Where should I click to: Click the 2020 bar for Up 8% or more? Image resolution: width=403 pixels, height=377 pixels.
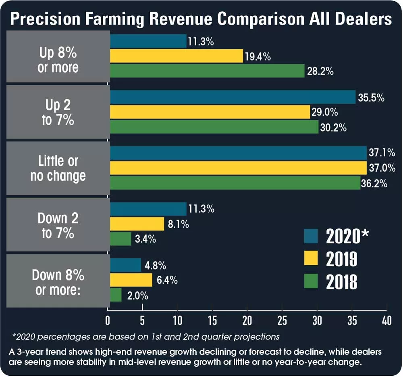(x=148, y=41)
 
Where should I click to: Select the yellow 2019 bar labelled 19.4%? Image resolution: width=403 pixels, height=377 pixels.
(x=176, y=56)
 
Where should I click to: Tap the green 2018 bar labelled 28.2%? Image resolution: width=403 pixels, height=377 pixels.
(x=207, y=71)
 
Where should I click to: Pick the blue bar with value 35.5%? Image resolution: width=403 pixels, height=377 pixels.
(x=233, y=97)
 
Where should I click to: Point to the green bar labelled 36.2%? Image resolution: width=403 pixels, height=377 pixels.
(x=235, y=183)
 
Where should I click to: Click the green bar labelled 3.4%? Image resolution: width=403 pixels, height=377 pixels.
(x=120, y=239)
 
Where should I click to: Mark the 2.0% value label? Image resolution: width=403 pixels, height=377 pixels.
(x=137, y=295)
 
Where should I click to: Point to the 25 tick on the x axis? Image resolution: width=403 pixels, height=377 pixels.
(x=282, y=320)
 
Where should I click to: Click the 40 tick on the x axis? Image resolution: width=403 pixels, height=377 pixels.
(x=386, y=320)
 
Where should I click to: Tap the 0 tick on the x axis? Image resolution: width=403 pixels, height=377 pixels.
(x=108, y=320)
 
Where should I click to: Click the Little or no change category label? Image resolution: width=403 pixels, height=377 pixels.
(x=58, y=168)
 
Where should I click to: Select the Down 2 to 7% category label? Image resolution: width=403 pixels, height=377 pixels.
(x=58, y=225)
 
